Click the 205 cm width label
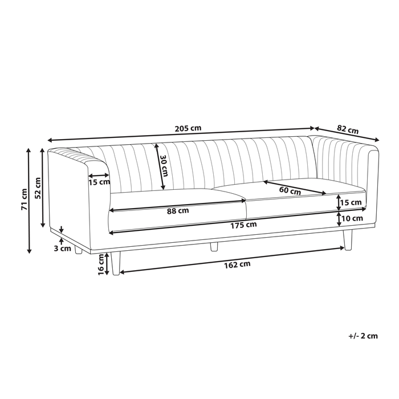click(188, 128)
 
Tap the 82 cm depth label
click(348, 129)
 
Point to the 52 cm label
click(38, 186)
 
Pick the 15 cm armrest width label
click(99, 182)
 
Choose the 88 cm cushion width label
click(178, 210)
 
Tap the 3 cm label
click(62, 248)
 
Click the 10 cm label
click(353, 218)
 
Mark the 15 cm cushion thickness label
click(351, 202)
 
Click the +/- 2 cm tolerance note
click(363, 336)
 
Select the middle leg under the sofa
click(214, 247)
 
